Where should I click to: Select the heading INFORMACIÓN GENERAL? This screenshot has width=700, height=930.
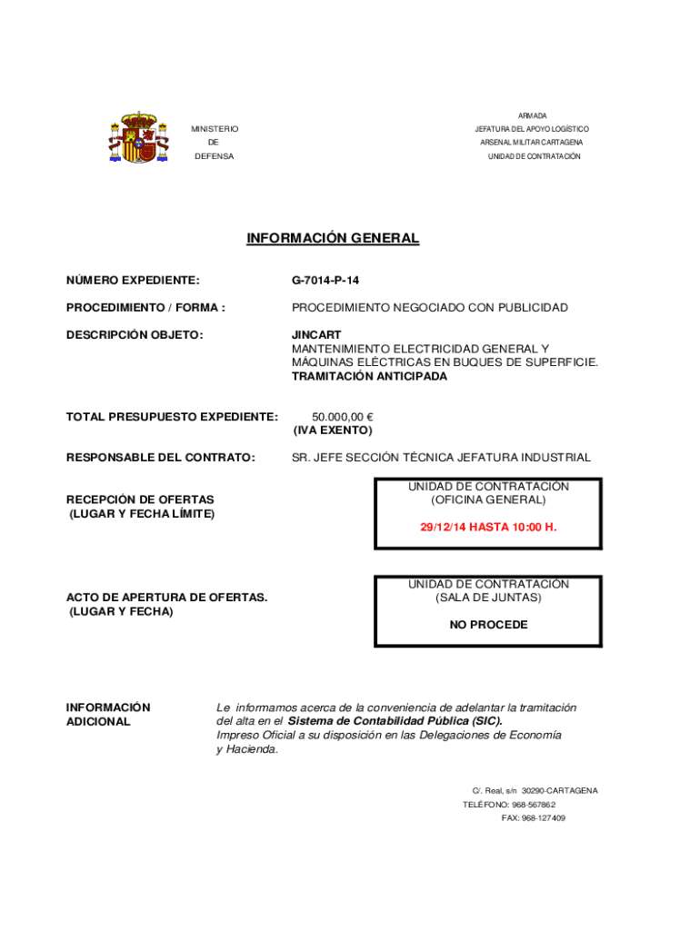pyautogui.click(x=333, y=239)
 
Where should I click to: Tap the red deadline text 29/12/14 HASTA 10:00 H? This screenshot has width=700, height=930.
pyautogui.click(x=488, y=527)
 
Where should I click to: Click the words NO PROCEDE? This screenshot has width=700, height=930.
pyautogui.click(x=488, y=625)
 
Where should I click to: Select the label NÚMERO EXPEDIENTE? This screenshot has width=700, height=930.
pyautogui.click(x=133, y=281)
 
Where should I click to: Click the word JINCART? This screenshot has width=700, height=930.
pyautogui.click(x=316, y=335)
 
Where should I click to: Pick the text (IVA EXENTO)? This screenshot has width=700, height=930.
pyautogui.click(x=333, y=430)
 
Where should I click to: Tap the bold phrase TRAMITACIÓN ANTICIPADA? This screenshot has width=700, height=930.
pyautogui.click(x=369, y=376)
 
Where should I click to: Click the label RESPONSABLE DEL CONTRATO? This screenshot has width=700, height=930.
pyautogui.click(x=161, y=458)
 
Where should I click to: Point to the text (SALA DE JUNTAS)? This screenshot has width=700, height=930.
pyautogui.click(x=488, y=598)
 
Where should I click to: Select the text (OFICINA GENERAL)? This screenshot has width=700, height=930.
pyautogui.click(x=488, y=500)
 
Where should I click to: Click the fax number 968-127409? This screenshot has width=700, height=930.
pyautogui.click(x=544, y=818)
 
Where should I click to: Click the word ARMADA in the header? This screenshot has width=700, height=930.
pyautogui.click(x=532, y=116)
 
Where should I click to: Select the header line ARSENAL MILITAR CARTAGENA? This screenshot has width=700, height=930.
pyautogui.click(x=532, y=143)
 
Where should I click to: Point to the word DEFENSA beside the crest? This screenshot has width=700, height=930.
pyautogui.click(x=214, y=156)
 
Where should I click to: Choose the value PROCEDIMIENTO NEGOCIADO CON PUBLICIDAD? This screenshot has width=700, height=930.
pyautogui.click(x=429, y=308)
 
